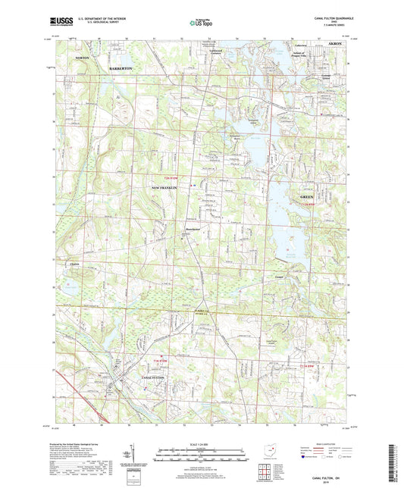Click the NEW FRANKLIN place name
point(168,187)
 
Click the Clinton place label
point(74,264)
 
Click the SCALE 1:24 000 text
point(201,443)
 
